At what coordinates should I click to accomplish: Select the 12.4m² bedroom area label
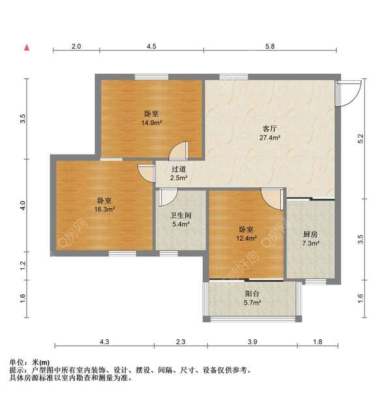tap(246, 234)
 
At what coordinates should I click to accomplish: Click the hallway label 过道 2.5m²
tap(179, 173)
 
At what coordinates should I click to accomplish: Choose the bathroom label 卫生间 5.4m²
tap(180, 219)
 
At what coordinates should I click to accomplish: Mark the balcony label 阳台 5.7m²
tap(252, 298)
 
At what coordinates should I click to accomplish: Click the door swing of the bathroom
tap(168, 195)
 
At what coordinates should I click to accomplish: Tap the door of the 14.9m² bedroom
tap(178, 151)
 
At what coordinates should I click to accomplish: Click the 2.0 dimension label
tap(76, 46)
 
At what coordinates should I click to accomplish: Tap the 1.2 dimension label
tap(23, 266)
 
